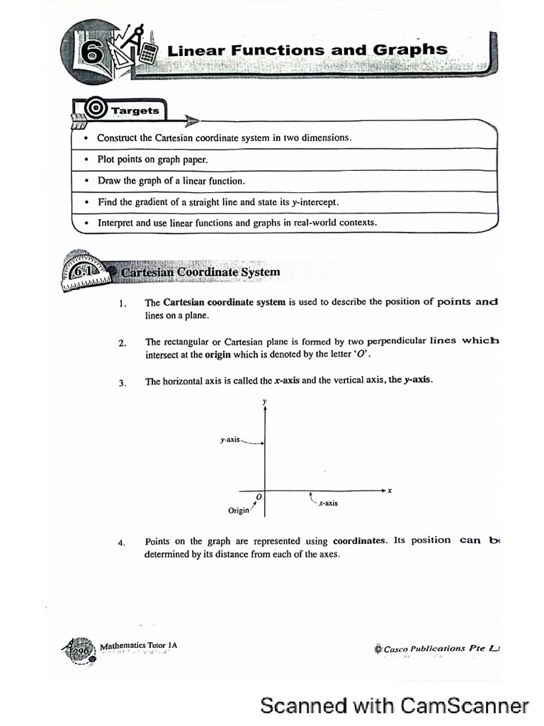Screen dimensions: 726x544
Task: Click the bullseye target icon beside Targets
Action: click(x=95, y=109)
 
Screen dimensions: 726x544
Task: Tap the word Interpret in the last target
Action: click(x=115, y=223)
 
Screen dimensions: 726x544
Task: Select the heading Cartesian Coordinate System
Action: click(x=200, y=272)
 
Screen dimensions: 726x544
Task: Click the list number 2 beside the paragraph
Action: click(x=123, y=344)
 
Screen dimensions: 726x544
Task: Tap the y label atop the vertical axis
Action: click(x=265, y=402)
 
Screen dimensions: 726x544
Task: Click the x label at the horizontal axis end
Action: click(x=390, y=490)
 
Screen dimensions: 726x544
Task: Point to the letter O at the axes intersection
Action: click(x=259, y=497)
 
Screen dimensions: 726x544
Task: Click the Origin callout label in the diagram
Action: click(x=239, y=510)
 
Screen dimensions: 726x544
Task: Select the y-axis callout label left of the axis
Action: click(x=230, y=440)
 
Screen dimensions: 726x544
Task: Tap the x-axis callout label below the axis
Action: click(x=328, y=503)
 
